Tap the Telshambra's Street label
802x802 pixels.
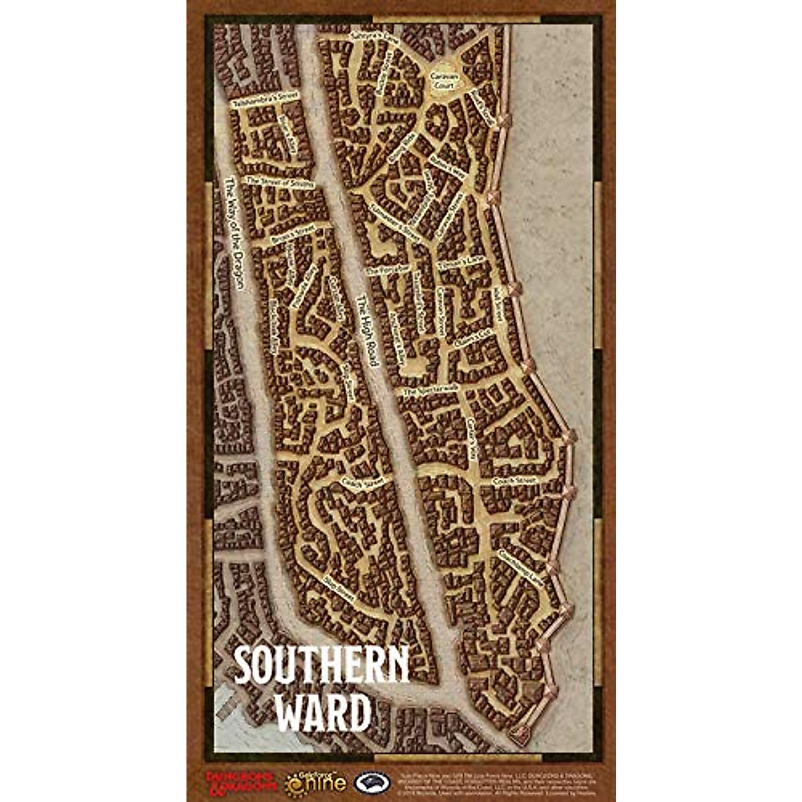[x=264, y=99]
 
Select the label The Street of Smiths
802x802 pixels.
[x=279, y=181]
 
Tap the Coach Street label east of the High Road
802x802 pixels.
[x=515, y=480]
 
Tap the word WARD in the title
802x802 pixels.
[x=323, y=714]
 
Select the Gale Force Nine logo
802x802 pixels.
[x=316, y=780]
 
